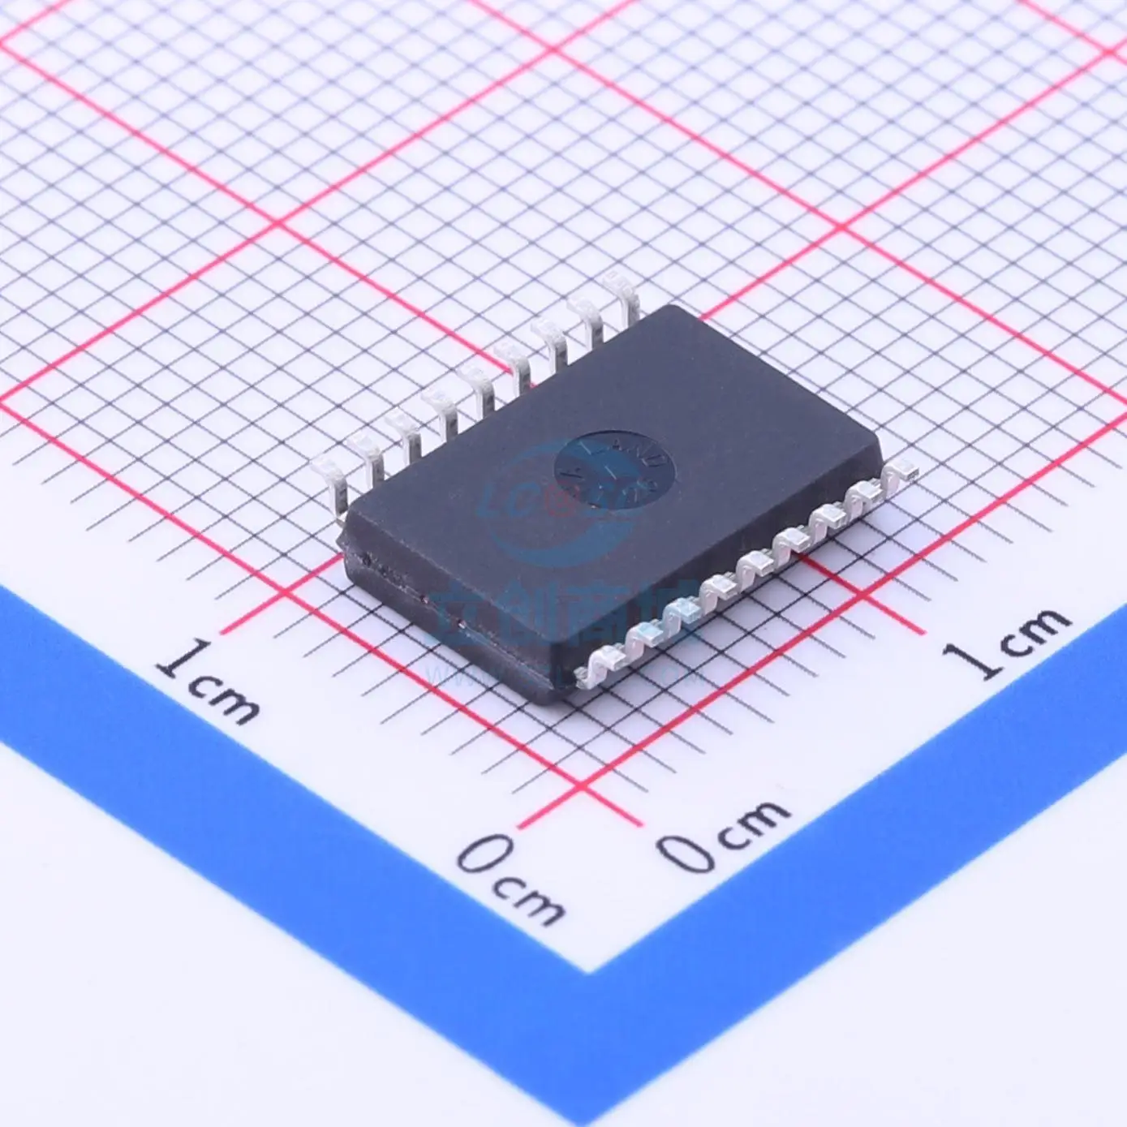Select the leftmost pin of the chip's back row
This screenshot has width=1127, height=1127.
click(x=329, y=466)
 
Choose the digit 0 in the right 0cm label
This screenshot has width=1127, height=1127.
click(x=681, y=847)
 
